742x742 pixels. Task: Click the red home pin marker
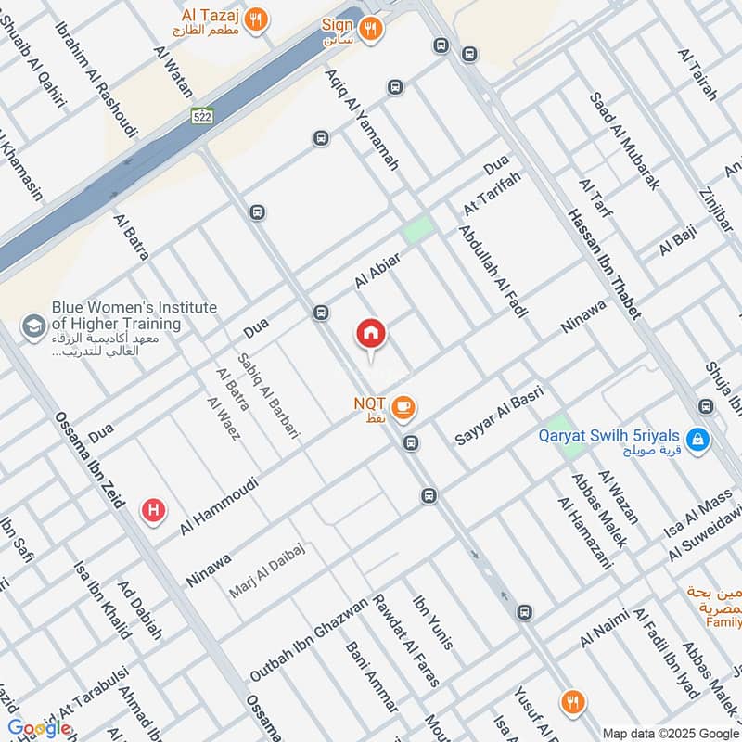(x=371, y=334)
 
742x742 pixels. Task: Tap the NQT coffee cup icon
(x=403, y=406)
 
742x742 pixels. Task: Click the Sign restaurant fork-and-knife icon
(x=371, y=30)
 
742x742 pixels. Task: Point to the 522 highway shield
(x=202, y=117)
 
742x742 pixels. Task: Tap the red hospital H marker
(x=152, y=510)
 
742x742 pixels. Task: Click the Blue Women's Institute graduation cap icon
(x=34, y=326)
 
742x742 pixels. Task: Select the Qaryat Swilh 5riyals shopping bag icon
(x=700, y=438)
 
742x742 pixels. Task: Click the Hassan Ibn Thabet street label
(x=604, y=263)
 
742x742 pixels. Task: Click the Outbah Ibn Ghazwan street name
(x=308, y=640)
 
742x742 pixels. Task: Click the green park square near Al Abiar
(x=417, y=230)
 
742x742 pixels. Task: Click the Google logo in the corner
(x=39, y=728)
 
